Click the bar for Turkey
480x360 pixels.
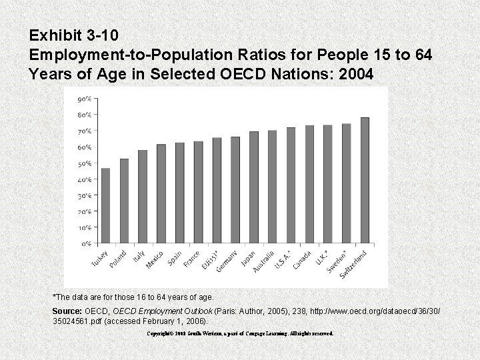pos(106,206)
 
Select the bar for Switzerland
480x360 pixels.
pos(365,181)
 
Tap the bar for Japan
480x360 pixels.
pos(254,188)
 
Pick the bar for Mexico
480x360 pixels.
pos(161,194)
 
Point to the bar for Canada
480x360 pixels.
pos(309,185)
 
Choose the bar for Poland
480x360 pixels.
pos(125,201)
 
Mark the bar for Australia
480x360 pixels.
pos(272,187)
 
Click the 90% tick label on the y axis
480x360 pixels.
pos(85,99)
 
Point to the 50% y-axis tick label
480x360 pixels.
pos(85,163)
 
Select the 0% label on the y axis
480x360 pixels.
pos(87,244)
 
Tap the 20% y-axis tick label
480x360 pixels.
pos(85,212)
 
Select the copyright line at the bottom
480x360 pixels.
pos(240,333)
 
